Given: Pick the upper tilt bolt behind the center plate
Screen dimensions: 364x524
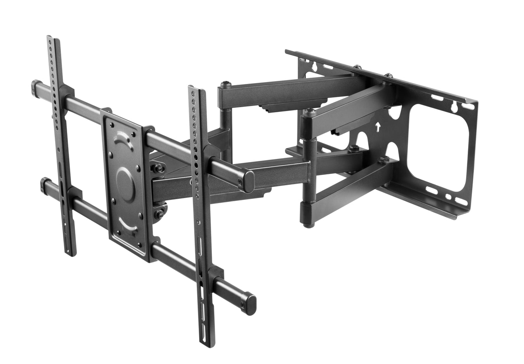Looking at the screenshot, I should point(158,168).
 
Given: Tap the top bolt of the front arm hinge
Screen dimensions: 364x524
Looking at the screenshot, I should point(309,111).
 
